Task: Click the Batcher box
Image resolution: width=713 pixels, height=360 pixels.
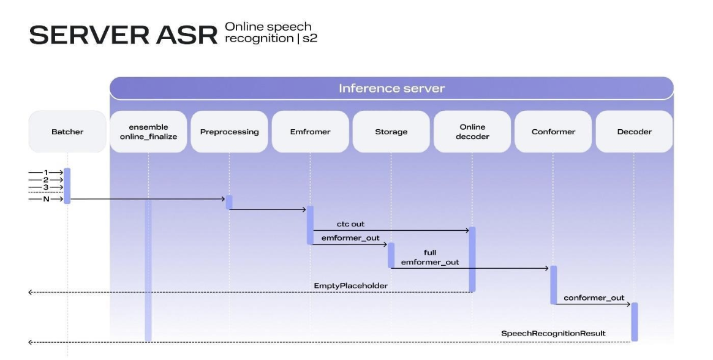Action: (x=67, y=132)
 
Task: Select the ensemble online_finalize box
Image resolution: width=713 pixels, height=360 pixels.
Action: (x=149, y=132)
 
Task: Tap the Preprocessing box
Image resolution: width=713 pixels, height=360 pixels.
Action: (x=229, y=132)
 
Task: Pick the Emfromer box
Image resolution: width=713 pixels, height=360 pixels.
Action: (x=310, y=132)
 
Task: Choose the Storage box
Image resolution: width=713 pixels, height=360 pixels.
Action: (x=391, y=132)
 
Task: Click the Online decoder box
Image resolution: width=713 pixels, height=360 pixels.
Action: (x=472, y=132)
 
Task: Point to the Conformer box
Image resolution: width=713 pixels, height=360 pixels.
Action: (x=553, y=132)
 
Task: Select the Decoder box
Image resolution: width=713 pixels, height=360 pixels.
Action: (x=634, y=132)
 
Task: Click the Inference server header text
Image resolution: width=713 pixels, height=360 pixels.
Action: (x=391, y=88)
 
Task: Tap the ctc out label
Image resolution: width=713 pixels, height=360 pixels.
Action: (x=350, y=224)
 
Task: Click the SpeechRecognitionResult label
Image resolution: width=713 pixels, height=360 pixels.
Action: (x=553, y=333)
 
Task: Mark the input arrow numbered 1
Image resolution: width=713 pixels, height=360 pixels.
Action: (x=46, y=172)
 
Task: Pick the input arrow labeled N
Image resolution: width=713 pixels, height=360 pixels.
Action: (x=46, y=198)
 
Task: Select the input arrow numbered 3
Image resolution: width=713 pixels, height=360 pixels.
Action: (x=46, y=186)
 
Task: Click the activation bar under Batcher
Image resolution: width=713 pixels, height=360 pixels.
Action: (x=67, y=186)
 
